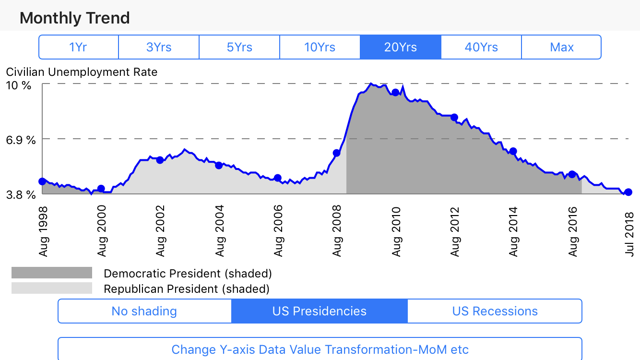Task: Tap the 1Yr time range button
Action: tap(78, 47)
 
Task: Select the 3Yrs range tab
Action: tap(159, 47)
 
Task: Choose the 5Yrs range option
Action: tap(239, 47)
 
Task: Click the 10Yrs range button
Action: tap(320, 47)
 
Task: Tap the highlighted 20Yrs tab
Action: tap(401, 47)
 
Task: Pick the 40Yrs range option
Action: tap(481, 47)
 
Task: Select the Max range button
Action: tap(561, 47)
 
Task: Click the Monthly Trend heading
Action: tap(75, 18)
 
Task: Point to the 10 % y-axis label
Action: tap(19, 85)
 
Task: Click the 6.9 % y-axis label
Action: tap(20, 140)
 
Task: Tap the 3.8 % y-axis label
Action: tap(20, 194)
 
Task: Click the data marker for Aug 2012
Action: tap(454, 117)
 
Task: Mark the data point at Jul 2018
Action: tap(628, 192)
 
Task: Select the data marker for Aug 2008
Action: tap(336, 153)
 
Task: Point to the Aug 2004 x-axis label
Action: tap(220, 231)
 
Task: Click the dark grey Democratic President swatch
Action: tap(52, 273)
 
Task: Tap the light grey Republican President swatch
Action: tap(52, 288)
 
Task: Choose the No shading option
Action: tap(144, 311)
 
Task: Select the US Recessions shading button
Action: tap(495, 311)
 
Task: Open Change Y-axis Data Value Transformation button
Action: tap(320, 349)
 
